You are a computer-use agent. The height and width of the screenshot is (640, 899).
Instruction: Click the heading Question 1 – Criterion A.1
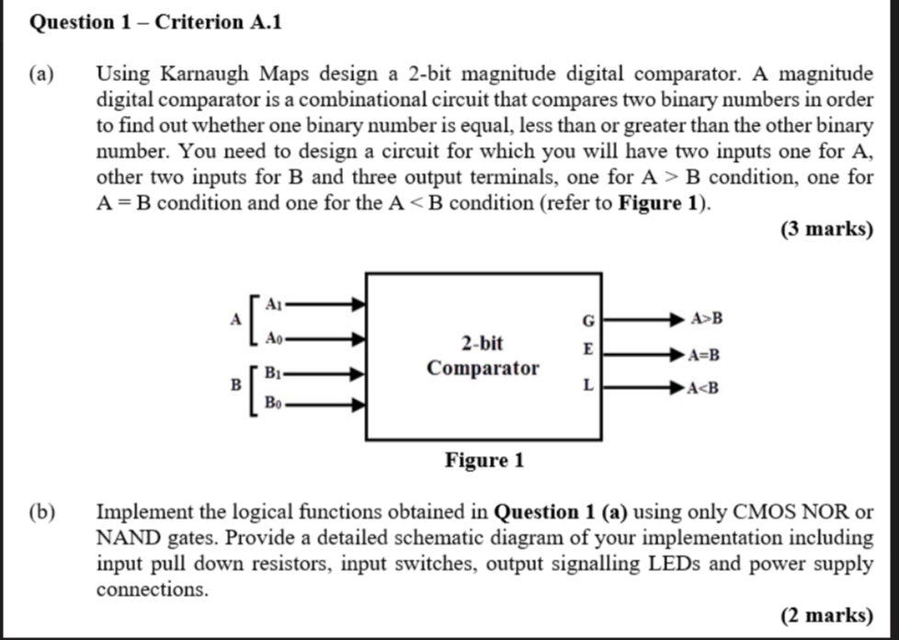pos(155,23)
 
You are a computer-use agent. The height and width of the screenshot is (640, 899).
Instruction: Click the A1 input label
pos(275,302)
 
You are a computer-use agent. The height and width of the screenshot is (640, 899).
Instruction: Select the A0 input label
pos(275,338)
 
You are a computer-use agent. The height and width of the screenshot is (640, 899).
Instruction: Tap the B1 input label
pos(274,373)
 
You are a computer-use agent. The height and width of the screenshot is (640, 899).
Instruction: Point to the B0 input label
pos(274,403)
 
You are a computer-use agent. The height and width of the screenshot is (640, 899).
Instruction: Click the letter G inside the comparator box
pos(588,320)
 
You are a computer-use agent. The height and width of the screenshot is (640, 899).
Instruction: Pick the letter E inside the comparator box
pos(588,349)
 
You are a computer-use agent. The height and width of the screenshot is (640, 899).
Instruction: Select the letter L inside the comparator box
pos(588,387)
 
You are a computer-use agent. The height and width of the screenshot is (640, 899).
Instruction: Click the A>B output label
pos(707,319)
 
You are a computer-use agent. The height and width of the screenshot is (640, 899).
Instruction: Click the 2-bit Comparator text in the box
pos(483,356)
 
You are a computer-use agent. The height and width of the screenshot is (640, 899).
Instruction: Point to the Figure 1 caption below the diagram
pos(484,460)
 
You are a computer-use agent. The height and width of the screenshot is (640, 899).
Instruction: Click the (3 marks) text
pos(826,229)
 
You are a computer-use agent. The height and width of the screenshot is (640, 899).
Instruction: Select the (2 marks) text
pos(826,614)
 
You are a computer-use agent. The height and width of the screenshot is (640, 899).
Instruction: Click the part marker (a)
pos(40,73)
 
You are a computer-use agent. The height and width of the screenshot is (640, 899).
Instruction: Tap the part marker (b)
pos(40,510)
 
